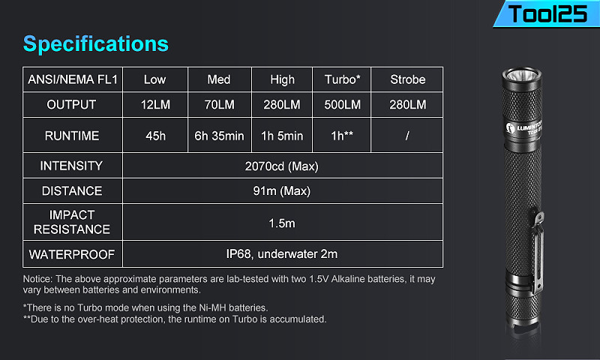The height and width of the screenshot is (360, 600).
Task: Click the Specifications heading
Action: (x=96, y=44)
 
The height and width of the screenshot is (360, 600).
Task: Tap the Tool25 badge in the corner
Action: (x=547, y=14)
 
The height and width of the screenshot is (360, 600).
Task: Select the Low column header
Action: (x=155, y=79)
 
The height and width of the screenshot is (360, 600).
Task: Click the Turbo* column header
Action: (x=342, y=79)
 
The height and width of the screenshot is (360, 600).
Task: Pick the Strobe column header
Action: (x=407, y=79)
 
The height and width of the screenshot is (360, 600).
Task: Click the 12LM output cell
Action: (x=155, y=104)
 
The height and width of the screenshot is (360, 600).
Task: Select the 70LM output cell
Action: (x=219, y=104)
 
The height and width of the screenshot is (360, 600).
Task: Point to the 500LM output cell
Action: (x=342, y=104)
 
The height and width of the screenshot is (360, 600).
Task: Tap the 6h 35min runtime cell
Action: (x=219, y=136)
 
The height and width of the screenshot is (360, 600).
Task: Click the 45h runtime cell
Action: (x=156, y=136)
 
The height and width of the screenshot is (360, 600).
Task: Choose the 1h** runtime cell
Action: (x=342, y=136)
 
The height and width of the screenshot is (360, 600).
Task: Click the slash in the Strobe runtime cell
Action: (x=407, y=136)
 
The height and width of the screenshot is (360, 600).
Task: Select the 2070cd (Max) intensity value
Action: (x=282, y=166)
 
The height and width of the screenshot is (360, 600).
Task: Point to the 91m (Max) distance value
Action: (x=282, y=190)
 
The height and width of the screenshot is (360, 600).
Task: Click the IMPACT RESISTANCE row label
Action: (x=72, y=222)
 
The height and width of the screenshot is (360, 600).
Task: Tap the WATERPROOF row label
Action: (x=72, y=254)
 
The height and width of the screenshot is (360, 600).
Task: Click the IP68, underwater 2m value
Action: (x=282, y=254)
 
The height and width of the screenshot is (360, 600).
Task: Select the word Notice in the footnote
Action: (x=37, y=279)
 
